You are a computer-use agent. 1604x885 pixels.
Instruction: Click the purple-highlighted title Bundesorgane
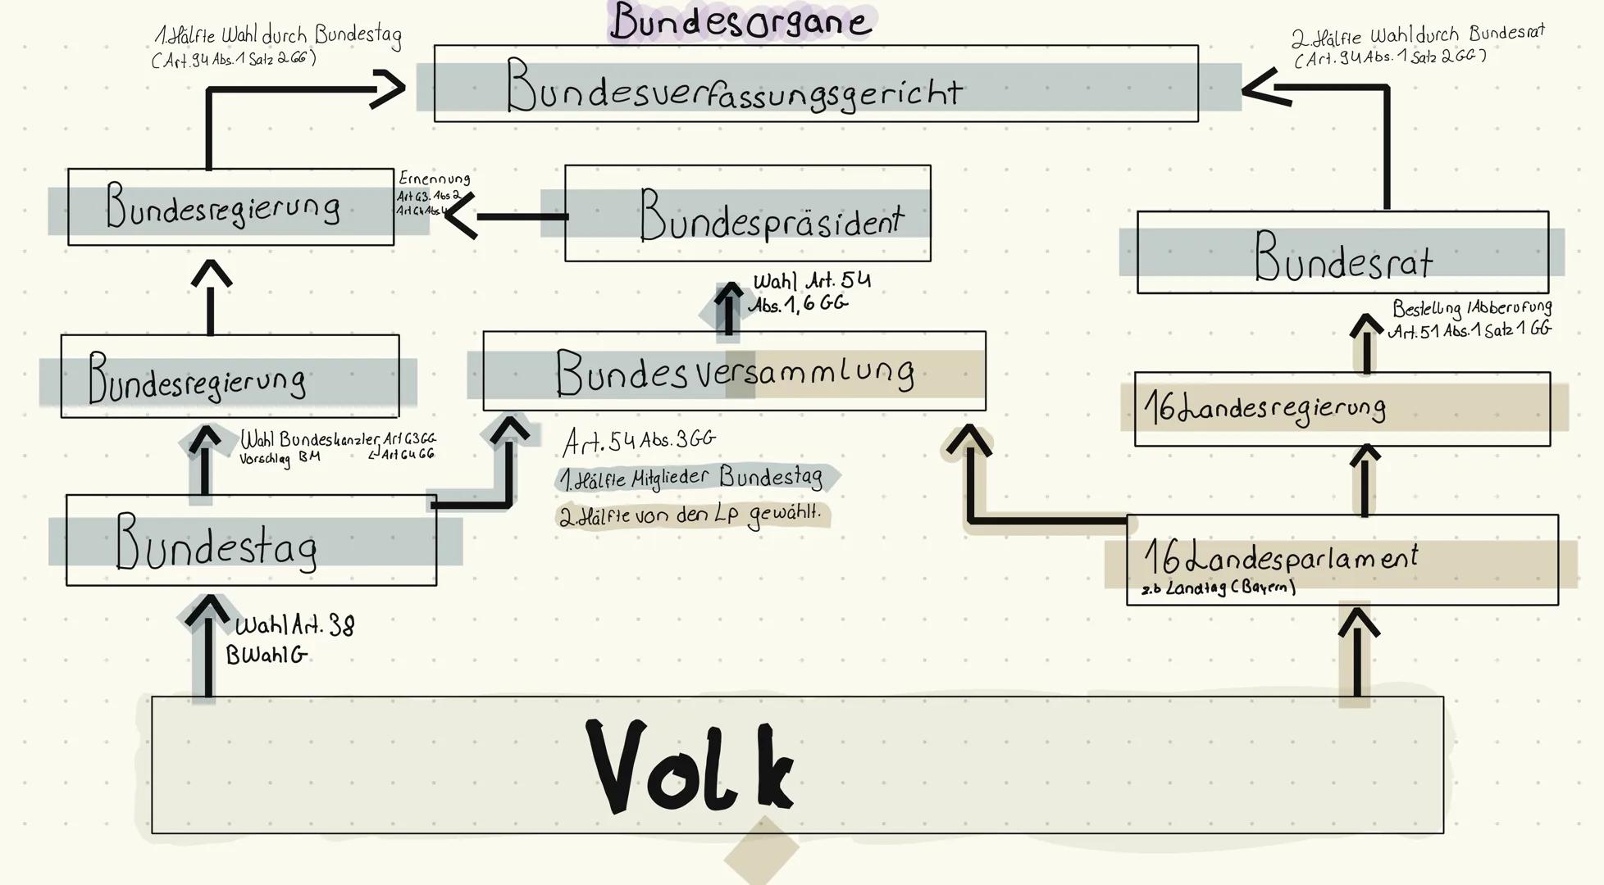point(740,21)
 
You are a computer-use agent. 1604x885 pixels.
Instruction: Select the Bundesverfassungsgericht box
point(815,84)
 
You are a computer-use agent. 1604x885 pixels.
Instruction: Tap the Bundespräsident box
point(747,214)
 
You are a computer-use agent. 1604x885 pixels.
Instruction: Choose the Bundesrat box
point(1342,253)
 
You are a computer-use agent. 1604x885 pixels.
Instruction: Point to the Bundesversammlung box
point(734,371)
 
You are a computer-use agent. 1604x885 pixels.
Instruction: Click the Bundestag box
point(251,541)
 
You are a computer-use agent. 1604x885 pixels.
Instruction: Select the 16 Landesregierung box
point(1342,409)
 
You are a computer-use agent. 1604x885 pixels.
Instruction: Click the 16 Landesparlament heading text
point(1280,558)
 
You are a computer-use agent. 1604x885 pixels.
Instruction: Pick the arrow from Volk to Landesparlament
point(1357,651)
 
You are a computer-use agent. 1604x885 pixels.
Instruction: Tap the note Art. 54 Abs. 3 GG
point(639,442)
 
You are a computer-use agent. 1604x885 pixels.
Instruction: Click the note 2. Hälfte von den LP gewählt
point(690,515)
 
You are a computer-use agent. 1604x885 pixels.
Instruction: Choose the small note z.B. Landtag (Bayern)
point(1219,588)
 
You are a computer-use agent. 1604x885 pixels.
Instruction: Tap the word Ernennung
point(434,178)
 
